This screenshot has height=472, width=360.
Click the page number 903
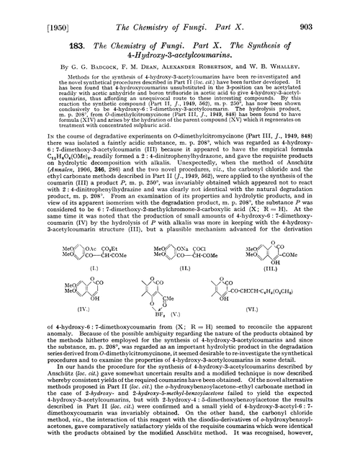pyautogui.click(x=341, y=10)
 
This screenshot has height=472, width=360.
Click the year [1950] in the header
pyautogui.click(x=27, y=10)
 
